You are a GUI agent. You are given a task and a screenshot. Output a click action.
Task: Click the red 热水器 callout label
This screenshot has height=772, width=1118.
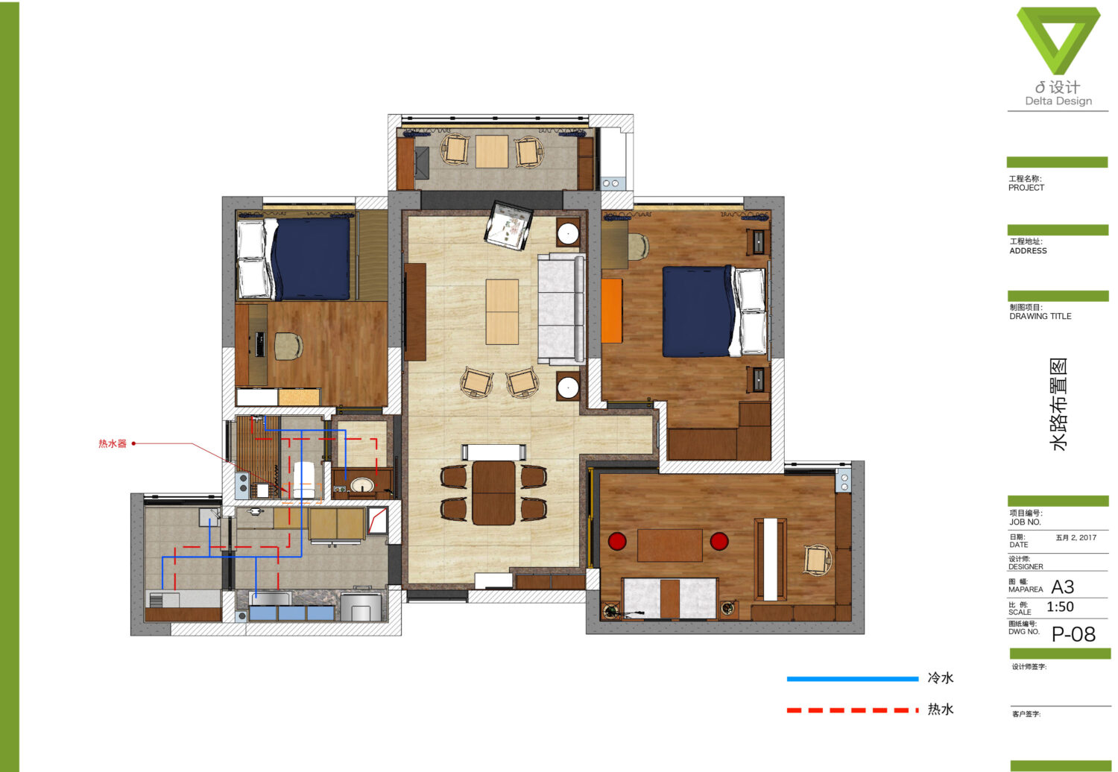click(x=113, y=443)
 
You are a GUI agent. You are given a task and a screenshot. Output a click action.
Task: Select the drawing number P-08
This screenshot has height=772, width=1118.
click(x=1073, y=634)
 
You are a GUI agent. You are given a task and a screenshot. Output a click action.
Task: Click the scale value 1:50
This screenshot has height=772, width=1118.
click(x=1060, y=607)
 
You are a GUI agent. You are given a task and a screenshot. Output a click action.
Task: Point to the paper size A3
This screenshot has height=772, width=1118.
click(x=1063, y=587)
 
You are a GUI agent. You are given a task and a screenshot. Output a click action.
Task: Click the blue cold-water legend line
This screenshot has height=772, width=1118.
click(x=853, y=679)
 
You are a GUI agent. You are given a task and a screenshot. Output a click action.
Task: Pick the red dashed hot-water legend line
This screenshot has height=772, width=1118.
click(x=853, y=710)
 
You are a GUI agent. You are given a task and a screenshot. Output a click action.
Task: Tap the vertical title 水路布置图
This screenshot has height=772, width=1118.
click(x=1058, y=404)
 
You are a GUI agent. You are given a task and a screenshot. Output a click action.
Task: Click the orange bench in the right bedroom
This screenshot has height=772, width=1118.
click(x=612, y=311)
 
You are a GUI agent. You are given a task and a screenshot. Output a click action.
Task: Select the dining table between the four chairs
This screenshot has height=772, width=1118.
click(x=493, y=493)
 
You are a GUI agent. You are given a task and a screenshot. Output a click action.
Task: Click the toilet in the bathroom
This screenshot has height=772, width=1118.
click(x=304, y=480)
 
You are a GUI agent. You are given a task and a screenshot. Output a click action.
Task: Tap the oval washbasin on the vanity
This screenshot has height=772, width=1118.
click(x=361, y=485)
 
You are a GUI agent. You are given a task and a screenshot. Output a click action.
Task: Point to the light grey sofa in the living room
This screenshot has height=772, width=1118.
click(x=561, y=309)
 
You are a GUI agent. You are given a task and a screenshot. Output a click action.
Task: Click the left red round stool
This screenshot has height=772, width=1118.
click(x=617, y=542)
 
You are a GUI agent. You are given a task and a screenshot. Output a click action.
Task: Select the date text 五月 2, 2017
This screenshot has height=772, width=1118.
click(x=1076, y=537)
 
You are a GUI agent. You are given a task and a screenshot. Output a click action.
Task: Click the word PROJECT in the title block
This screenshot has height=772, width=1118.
click(x=1026, y=188)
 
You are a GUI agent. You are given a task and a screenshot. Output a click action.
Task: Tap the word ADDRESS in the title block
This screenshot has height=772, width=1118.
click(x=1028, y=251)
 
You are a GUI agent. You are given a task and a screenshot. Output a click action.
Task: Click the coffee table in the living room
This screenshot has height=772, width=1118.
click(x=502, y=312)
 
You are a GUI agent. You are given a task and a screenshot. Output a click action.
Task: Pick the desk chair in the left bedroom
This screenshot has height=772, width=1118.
click(x=288, y=345)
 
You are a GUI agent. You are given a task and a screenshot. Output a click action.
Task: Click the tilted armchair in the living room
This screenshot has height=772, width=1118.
click(x=508, y=225)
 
